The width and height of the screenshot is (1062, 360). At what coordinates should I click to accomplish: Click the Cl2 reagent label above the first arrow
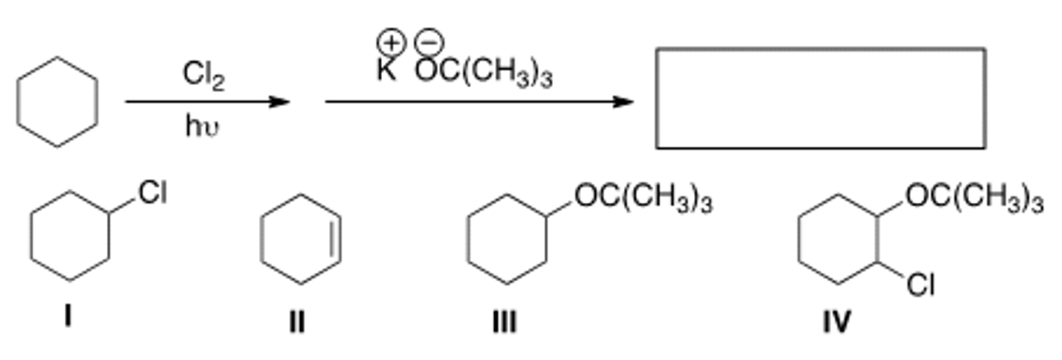tap(204, 77)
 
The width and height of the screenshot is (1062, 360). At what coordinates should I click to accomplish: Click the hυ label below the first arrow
tap(202, 127)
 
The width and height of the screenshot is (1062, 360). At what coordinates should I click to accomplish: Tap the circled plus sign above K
tap(392, 43)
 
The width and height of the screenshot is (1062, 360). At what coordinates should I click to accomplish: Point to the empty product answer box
tap(821, 98)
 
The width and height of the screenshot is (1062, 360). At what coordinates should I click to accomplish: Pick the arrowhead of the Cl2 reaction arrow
tap(280, 102)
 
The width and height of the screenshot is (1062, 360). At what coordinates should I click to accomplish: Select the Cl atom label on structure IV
tap(920, 285)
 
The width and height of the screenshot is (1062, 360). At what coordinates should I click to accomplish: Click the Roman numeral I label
tap(67, 318)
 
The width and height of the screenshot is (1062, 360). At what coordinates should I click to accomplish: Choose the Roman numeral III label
tap(504, 322)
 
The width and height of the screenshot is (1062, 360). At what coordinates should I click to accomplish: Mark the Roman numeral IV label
tap(836, 322)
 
